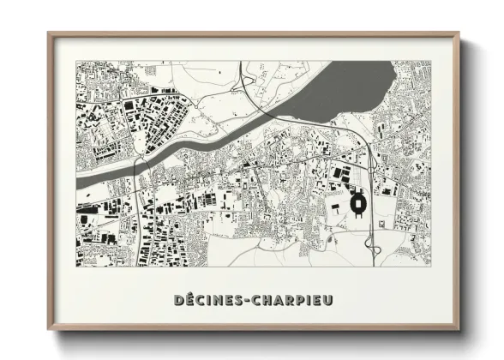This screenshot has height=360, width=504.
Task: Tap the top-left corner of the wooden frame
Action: pyautogui.click(x=49, y=34)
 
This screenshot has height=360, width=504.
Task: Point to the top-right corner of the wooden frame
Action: pyautogui.click(x=459, y=34)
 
